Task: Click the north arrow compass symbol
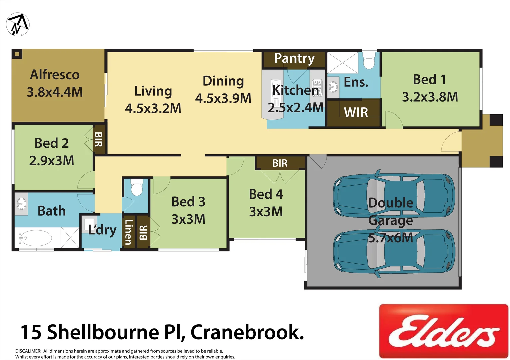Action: tap(18, 24)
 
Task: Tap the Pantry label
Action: tap(294, 59)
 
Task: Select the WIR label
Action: tap(356, 113)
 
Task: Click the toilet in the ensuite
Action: tap(369, 60)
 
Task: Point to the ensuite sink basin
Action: tap(332, 87)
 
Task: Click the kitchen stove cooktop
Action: tap(317, 88)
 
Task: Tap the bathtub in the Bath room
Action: tap(35, 238)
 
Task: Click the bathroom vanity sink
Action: tap(21, 203)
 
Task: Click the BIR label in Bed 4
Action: tap(280, 163)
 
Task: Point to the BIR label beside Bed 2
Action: tap(99, 139)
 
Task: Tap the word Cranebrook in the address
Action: tap(247, 332)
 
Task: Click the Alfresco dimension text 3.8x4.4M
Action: tap(55, 92)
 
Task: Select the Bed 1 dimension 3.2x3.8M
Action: tap(430, 97)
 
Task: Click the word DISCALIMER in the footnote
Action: tap(28, 351)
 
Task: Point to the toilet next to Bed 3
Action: tap(137, 188)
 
